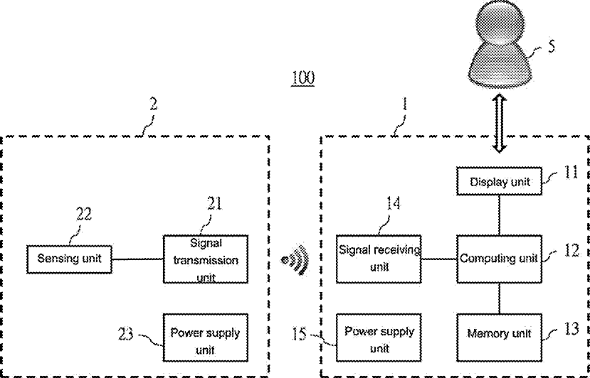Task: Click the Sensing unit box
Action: click(69, 259)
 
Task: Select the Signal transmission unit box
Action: click(206, 259)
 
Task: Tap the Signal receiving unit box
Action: click(379, 259)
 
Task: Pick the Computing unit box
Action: click(500, 259)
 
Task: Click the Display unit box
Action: click(500, 181)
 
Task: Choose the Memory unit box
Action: click(500, 337)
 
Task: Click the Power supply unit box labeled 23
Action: click(206, 337)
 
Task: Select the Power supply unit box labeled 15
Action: click(379, 337)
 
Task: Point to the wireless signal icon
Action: click(296, 260)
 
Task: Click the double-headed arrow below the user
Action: click(500, 124)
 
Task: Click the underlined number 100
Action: click(303, 77)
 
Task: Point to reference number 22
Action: click(84, 214)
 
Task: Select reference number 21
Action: click(214, 204)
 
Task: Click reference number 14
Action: click(394, 204)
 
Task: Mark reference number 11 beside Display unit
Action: click(571, 172)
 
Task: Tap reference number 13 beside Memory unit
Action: click(571, 329)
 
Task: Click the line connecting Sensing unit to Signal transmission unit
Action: click(137, 259)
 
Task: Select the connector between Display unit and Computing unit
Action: click(500, 215)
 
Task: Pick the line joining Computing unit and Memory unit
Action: click(500, 298)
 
